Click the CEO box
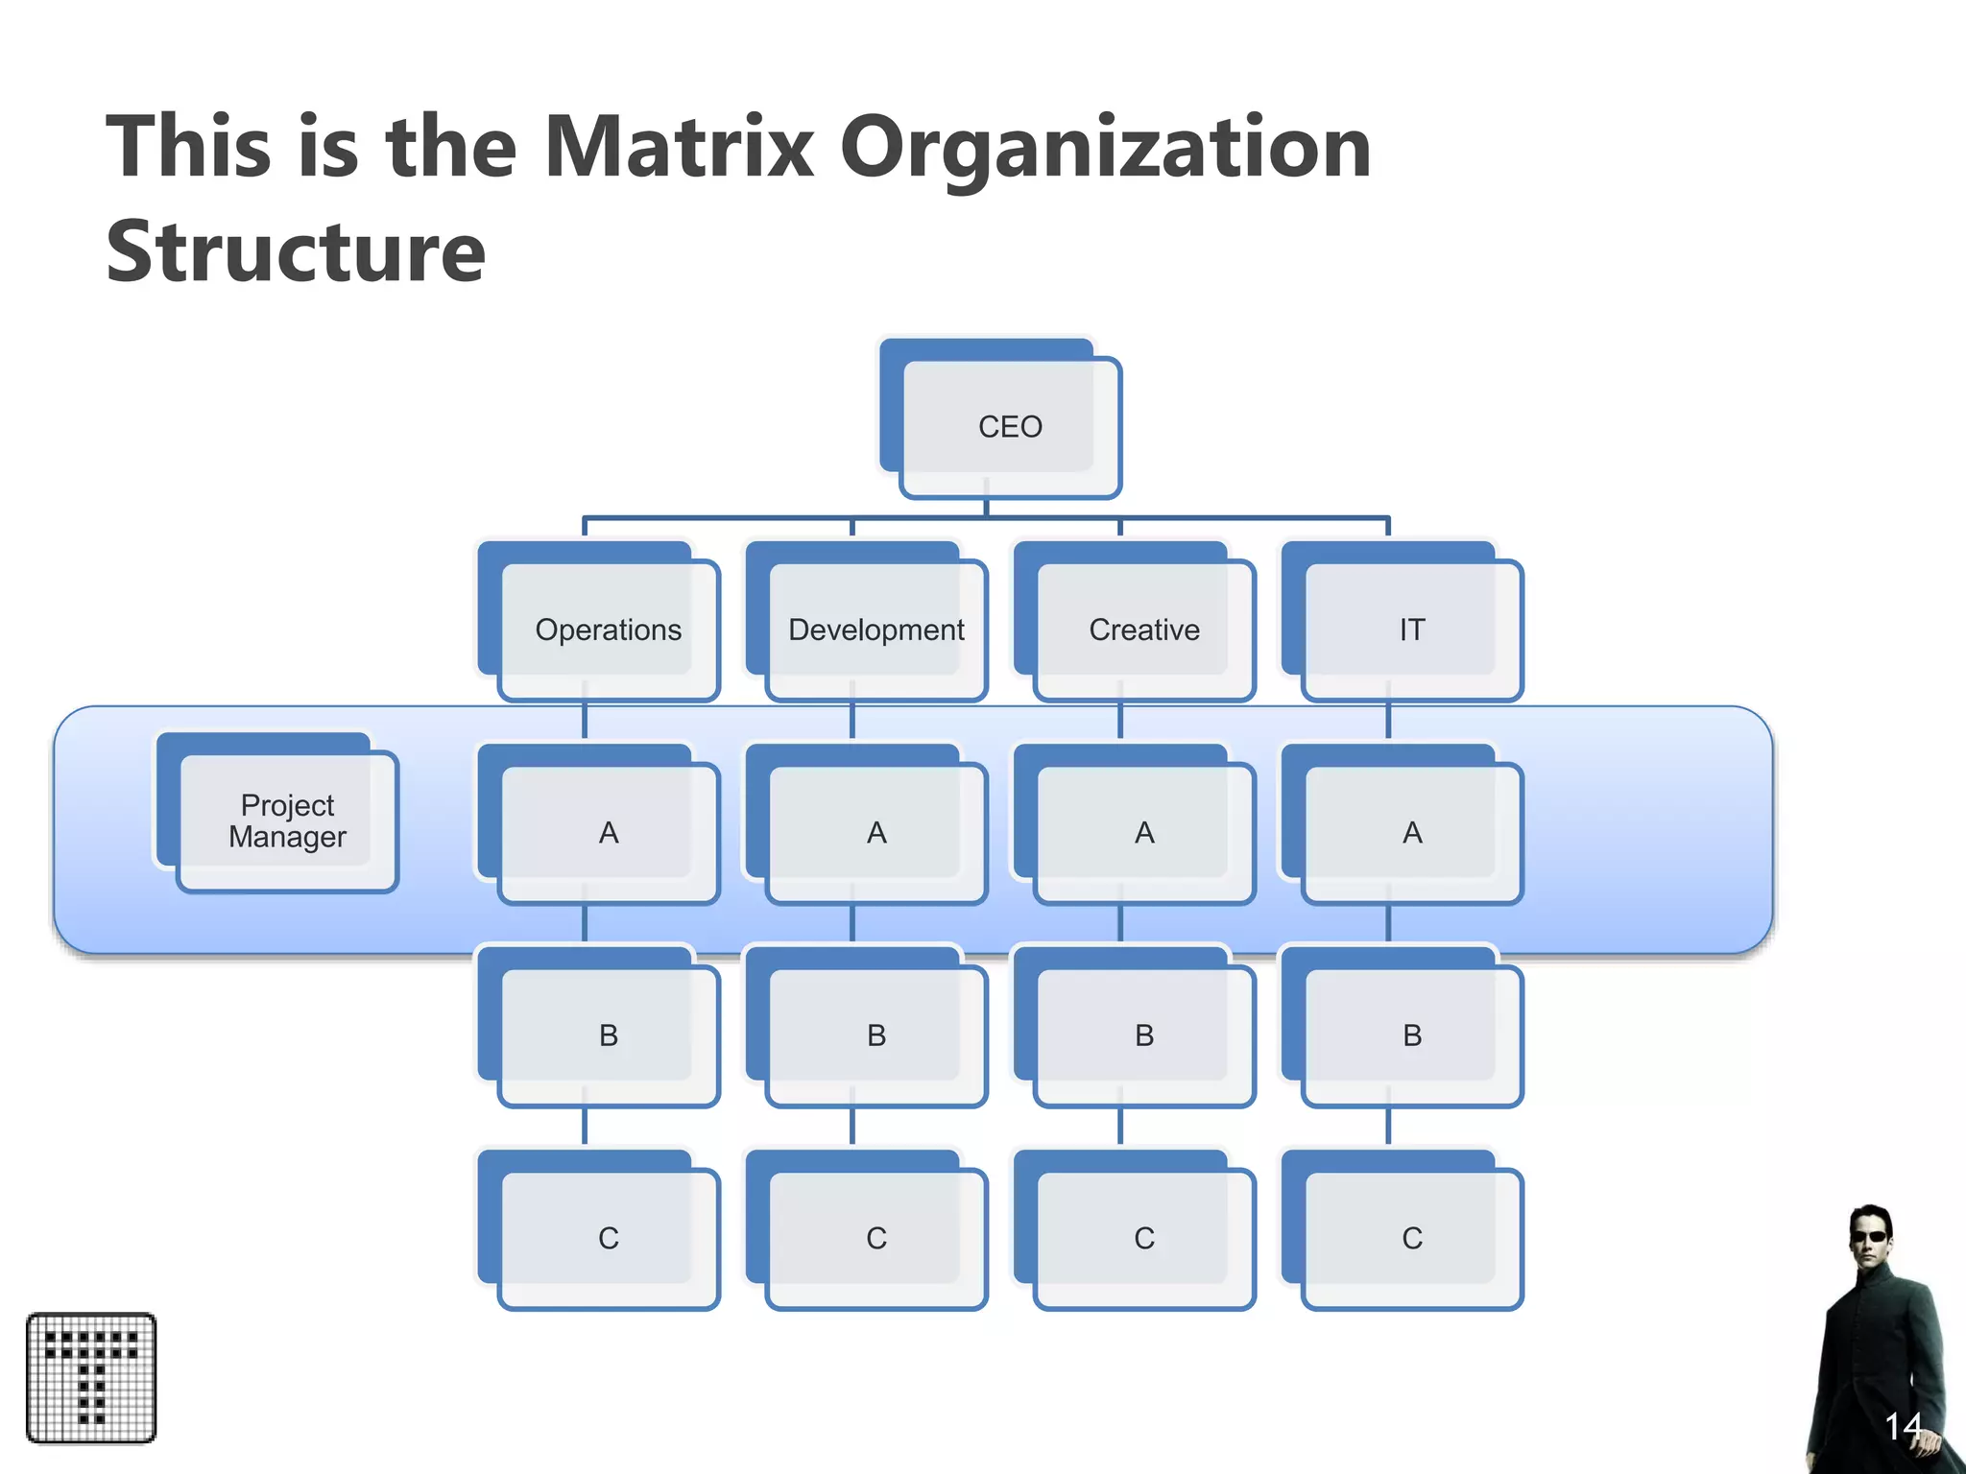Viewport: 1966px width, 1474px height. [1009, 427]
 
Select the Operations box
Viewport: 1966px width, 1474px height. [608, 630]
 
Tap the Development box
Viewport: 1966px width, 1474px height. [875, 630]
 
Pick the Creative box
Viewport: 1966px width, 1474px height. [1143, 630]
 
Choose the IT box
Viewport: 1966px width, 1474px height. [1411, 630]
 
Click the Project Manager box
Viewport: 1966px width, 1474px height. [287, 821]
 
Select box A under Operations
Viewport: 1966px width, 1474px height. [608, 833]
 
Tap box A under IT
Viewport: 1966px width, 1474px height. [1411, 833]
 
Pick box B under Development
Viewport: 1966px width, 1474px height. [875, 1035]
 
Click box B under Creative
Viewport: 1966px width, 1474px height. [1143, 1035]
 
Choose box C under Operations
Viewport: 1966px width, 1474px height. [608, 1238]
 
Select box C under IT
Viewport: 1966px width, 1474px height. [1411, 1238]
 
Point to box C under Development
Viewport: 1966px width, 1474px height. [875, 1238]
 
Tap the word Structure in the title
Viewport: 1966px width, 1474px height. [296, 251]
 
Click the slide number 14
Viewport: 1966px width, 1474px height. [1903, 1427]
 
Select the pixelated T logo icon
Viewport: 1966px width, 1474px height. [91, 1378]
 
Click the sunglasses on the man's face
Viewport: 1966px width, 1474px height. [1873, 1236]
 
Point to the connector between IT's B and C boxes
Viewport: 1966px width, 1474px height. [1388, 1127]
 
